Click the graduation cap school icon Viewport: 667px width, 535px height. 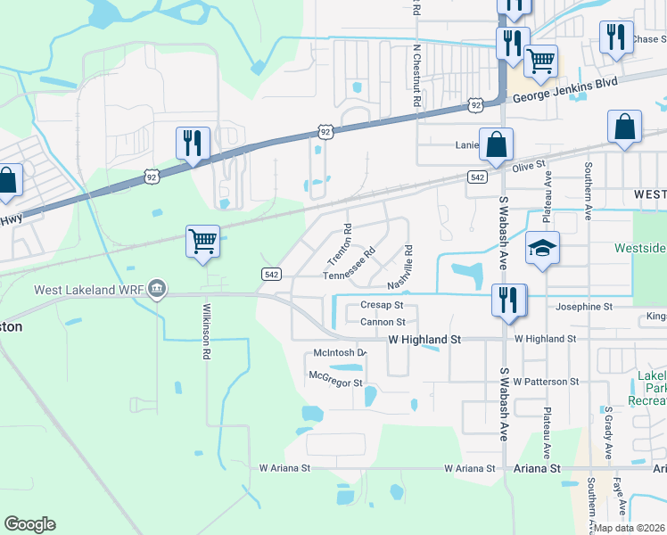[x=541, y=249]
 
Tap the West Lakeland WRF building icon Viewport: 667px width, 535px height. [x=157, y=289]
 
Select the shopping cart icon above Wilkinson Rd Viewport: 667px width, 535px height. [x=202, y=241]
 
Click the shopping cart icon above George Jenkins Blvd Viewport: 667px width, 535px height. [x=539, y=61]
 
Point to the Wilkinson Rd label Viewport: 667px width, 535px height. [x=206, y=329]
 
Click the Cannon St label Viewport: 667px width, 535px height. [x=383, y=322]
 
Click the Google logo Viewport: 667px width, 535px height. [x=29, y=524]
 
